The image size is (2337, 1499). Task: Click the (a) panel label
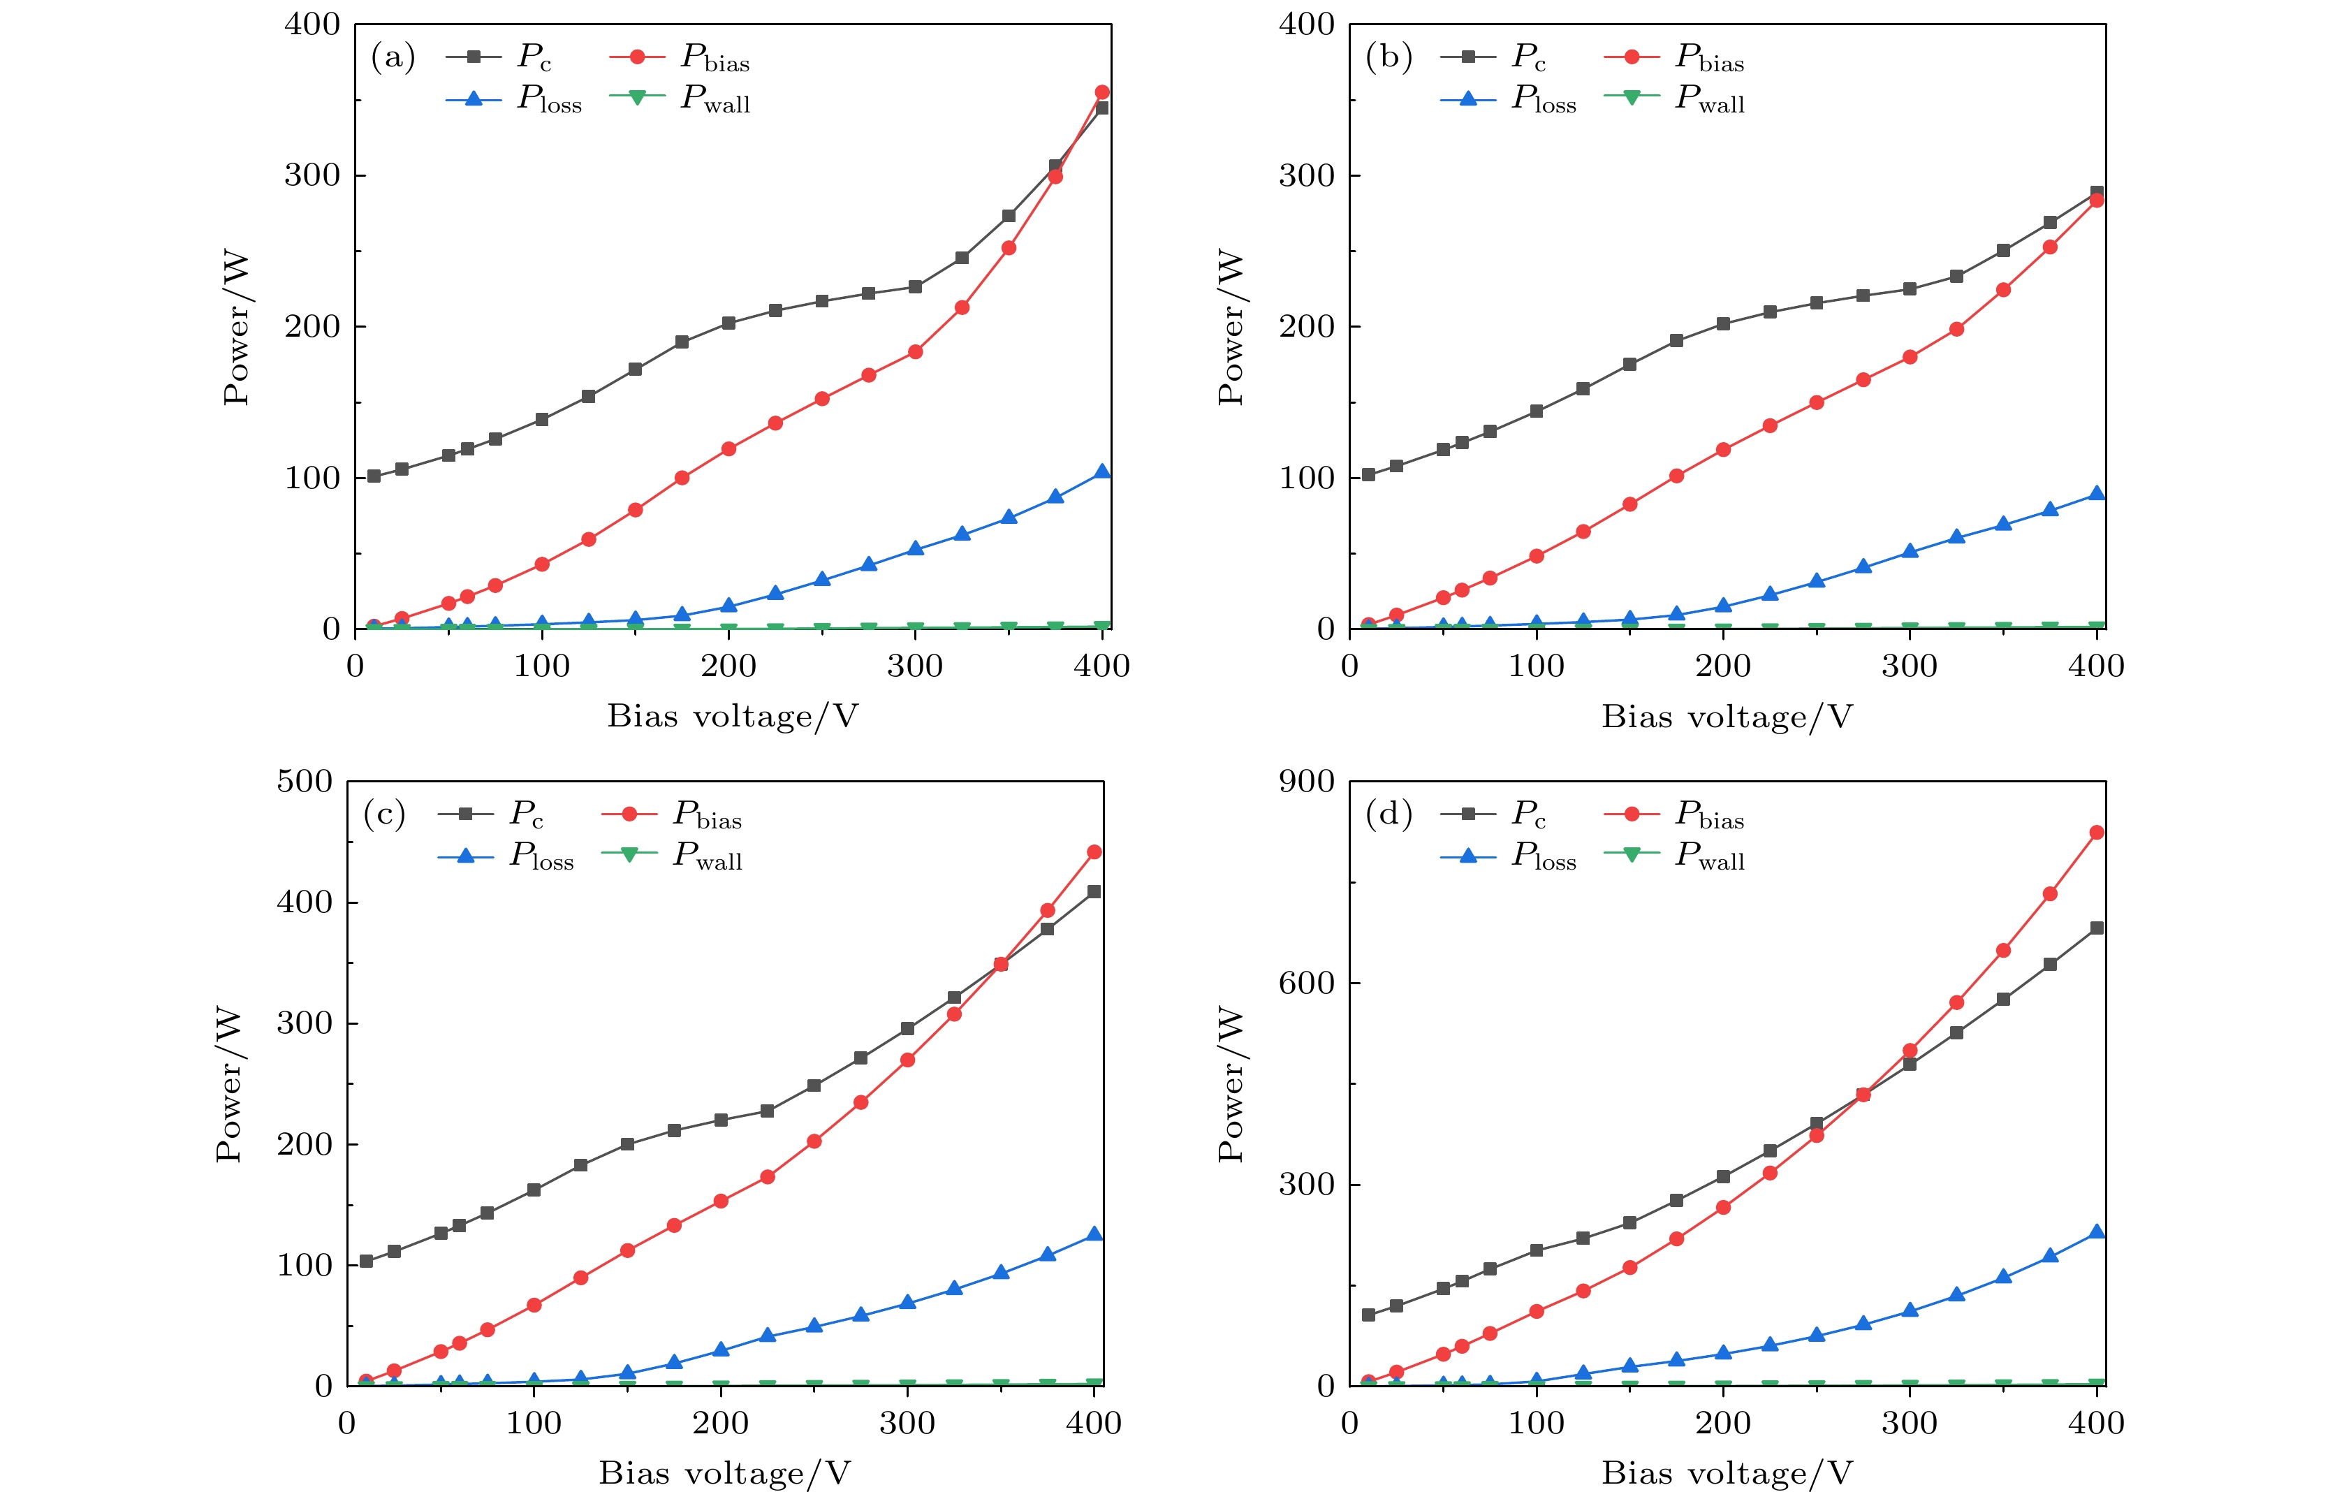(393, 57)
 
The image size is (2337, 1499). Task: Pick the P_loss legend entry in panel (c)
(506, 856)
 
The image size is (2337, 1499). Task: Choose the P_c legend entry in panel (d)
(1494, 814)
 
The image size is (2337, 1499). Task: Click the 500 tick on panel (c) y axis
(304, 781)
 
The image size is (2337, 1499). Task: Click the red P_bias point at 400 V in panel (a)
(1102, 92)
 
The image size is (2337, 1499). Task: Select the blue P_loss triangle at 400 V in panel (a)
(1102, 471)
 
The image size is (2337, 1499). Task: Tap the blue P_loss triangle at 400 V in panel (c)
(1094, 1234)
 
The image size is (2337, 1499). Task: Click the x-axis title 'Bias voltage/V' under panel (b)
(1727, 717)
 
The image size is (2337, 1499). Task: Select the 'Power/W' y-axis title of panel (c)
(228, 1083)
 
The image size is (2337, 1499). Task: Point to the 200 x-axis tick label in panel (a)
(728, 667)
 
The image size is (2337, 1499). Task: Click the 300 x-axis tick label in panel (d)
(1910, 1423)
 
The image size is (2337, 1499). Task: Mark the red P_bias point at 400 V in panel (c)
(1094, 851)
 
